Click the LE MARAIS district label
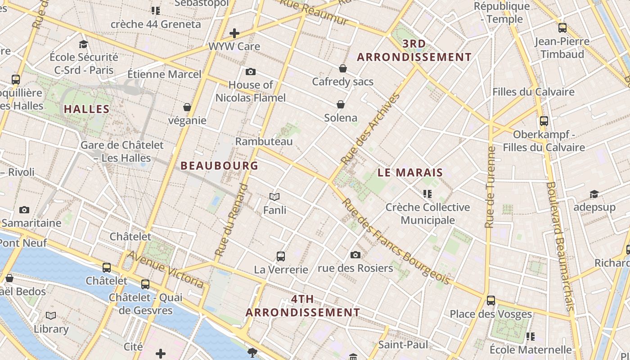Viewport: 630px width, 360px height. [410, 172]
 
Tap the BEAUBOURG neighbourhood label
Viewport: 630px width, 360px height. [220, 166]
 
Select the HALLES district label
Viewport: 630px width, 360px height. [87, 109]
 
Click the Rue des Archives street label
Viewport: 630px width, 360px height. [370, 129]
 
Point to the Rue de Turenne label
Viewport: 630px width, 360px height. [490, 186]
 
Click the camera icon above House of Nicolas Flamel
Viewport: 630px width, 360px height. [251, 72]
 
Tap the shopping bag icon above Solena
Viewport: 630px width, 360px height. [341, 104]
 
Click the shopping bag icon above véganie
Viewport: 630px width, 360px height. [187, 107]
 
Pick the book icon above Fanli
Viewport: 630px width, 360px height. [274, 197]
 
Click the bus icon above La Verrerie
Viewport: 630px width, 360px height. [281, 256]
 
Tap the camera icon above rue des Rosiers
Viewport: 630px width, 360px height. [355, 255]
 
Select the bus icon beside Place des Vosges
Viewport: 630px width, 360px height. [491, 300]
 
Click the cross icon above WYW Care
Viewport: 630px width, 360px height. [234, 33]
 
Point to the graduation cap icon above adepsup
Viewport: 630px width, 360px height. [594, 194]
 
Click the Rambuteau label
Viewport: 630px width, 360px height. [264, 141]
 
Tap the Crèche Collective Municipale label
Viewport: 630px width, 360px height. [427, 214]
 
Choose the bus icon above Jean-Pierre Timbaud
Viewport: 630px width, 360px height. [562, 28]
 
